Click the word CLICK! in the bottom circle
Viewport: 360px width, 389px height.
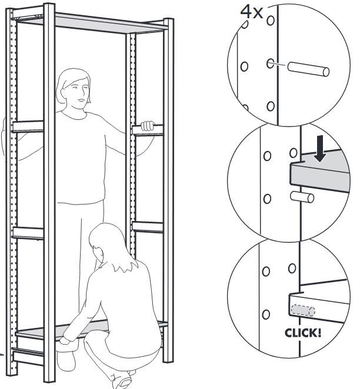[x=303, y=333]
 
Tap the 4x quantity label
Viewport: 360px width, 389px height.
[x=251, y=12]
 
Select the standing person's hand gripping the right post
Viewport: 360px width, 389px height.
[x=148, y=125]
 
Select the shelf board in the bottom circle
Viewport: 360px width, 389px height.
[x=329, y=306]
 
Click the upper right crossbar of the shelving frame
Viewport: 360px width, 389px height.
[x=148, y=130]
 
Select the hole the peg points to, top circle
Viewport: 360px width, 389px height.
[x=270, y=63]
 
